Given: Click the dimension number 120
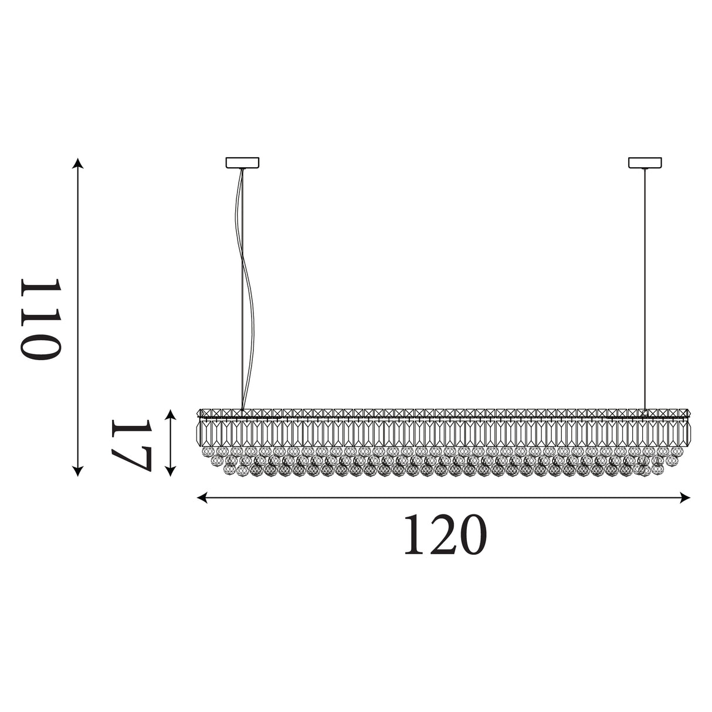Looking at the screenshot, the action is point(445,535).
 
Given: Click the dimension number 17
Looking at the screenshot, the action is point(131,446).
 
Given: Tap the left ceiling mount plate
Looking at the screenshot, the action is point(242,162).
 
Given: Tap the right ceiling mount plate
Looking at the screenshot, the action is point(645,162).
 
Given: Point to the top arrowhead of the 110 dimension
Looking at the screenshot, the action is point(77,163).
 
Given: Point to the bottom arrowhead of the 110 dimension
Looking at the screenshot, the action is point(77,471).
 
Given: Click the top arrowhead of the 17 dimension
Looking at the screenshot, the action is point(170,415).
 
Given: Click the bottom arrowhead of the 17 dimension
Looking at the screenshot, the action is point(170,471).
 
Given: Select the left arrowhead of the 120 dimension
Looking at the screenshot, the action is point(202,498).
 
